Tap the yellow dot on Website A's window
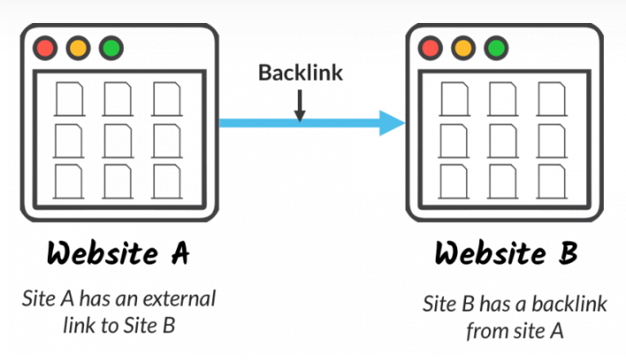pos(76,47)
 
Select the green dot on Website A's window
pos(110,47)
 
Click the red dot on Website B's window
pos(430,47)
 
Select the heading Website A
pos(119,254)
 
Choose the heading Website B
pos(506,254)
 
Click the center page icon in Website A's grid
pos(118,140)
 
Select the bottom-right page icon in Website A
pos(166,181)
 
